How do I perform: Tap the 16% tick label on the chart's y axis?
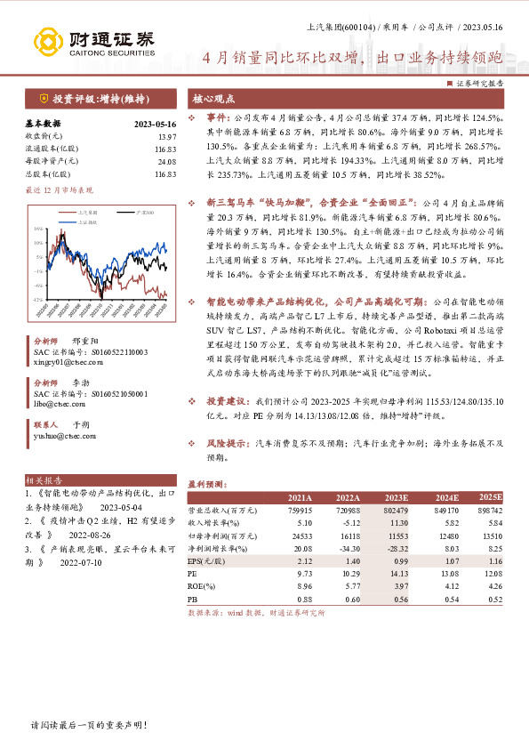coord(37,229)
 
